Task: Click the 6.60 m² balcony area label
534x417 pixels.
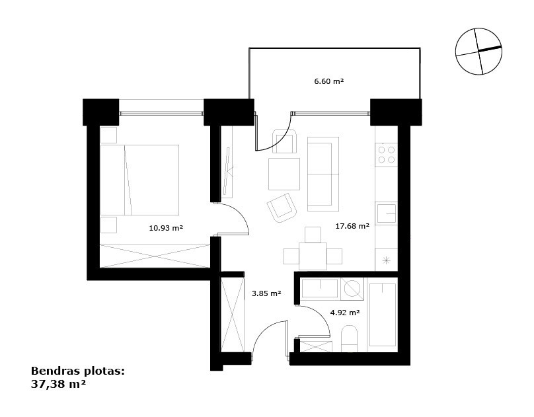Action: pyautogui.click(x=328, y=81)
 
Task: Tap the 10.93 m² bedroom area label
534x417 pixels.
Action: pyautogui.click(x=166, y=228)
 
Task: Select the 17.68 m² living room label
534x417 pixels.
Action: pyautogui.click(x=352, y=225)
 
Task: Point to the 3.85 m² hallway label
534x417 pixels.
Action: pyautogui.click(x=266, y=293)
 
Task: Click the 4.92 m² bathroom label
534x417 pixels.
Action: pyautogui.click(x=345, y=312)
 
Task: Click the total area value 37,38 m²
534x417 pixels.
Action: pyautogui.click(x=58, y=385)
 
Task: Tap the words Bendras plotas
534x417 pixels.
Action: pyautogui.click(x=77, y=371)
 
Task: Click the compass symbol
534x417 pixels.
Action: pyautogui.click(x=478, y=51)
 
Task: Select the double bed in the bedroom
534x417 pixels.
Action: pyautogui.click(x=139, y=180)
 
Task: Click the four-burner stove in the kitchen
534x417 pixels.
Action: pyautogui.click(x=387, y=155)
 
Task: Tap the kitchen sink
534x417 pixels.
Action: pyautogui.click(x=387, y=213)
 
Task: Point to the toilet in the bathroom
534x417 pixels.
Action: pyautogui.click(x=349, y=339)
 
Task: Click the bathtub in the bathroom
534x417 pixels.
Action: pyautogui.click(x=383, y=315)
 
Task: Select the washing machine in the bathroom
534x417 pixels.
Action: pyautogui.click(x=352, y=289)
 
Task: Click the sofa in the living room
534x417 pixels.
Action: pyautogui.click(x=323, y=174)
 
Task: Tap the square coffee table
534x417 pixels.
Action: pyautogui.click(x=284, y=174)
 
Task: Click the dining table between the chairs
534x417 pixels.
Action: pyautogui.click(x=313, y=256)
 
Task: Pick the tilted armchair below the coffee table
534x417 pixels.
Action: pyautogui.click(x=282, y=208)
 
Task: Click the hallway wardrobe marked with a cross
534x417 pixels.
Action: pyautogui.click(x=233, y=315)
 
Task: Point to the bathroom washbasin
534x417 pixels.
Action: pyautogui.click(x=320, y=289)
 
